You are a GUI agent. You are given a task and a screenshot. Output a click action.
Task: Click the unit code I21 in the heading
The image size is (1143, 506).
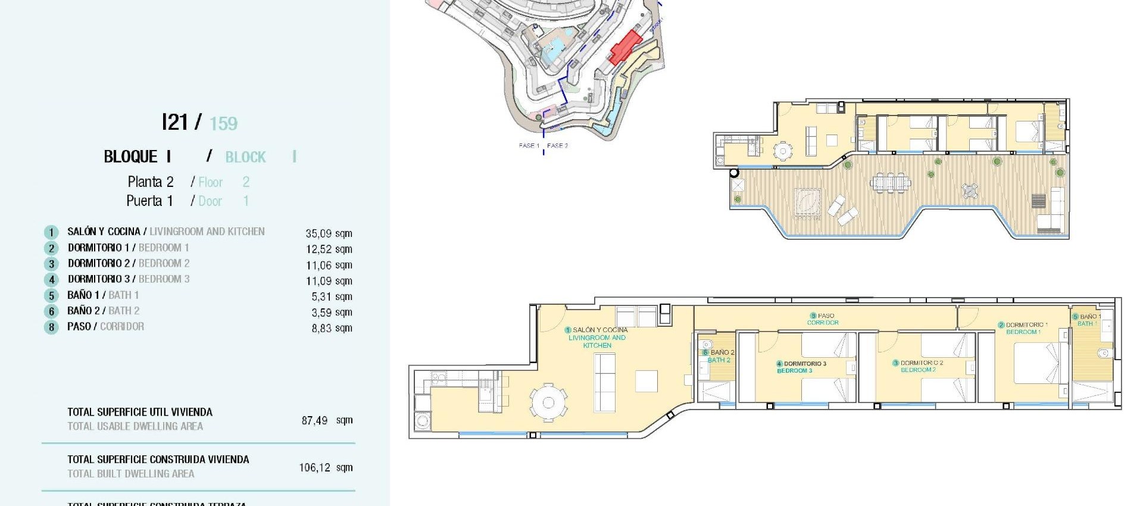(x=174, y=123)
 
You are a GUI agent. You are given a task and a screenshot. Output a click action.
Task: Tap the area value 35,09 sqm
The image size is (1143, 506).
(x=329, y=233)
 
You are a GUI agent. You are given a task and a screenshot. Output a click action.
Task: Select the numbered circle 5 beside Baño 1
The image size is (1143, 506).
(x=52, y=296)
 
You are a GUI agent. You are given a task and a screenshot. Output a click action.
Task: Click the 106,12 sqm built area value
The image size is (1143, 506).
(x=325, y=467)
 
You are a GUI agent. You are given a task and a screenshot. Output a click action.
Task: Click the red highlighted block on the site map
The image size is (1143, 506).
(x=625, y=47)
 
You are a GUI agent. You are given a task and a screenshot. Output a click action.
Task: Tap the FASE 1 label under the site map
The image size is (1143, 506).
(x=529, y=145)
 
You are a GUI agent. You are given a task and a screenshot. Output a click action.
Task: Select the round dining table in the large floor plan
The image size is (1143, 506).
(x=548, y=403)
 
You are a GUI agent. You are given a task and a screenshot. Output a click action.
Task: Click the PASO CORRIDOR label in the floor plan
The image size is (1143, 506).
(x=823, y=319)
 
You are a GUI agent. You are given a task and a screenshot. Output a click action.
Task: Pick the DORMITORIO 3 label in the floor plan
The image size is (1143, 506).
(x=801, y=367)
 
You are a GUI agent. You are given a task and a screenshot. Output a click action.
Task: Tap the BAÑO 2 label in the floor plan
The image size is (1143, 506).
(x=719, y=356)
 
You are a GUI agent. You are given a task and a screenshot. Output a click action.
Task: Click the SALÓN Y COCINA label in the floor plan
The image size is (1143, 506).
(x=597, y=337)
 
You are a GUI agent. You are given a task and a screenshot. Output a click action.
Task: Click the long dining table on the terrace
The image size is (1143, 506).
(x=890, y=182)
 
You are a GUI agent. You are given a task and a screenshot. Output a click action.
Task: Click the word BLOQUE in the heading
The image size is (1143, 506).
(x=130, y=157)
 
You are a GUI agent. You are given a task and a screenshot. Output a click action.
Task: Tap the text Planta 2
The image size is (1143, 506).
(x=150, y=182)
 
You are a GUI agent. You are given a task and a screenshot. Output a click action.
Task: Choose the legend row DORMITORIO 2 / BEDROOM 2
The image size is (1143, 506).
(x=129, y=263)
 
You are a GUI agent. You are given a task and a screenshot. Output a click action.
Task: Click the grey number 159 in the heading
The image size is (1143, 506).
(x=223, y=124)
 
